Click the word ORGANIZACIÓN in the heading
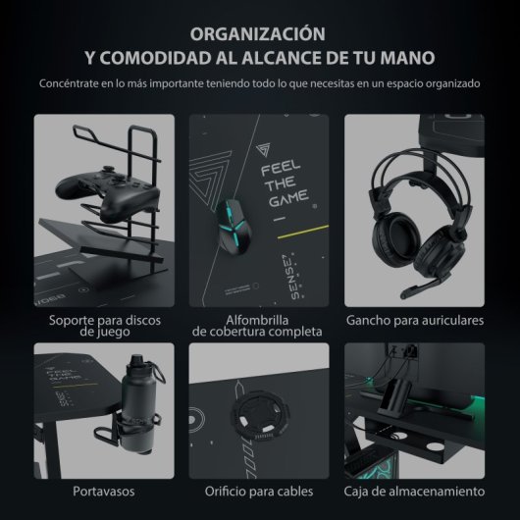259,31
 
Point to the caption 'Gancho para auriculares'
414,321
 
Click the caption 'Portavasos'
104,490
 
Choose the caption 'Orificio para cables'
259,490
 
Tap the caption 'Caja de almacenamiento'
414,490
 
